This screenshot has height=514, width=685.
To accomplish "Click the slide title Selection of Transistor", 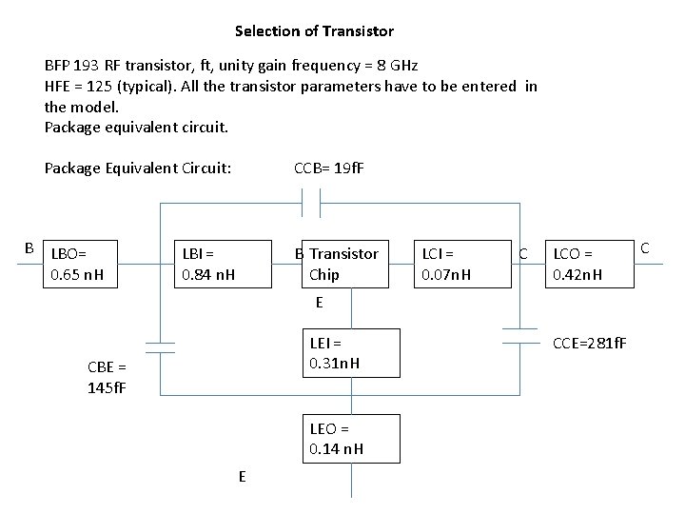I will pos(314,31).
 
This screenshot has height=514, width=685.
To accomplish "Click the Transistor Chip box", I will pos(341,264).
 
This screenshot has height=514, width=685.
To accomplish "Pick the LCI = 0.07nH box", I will pos(454,264).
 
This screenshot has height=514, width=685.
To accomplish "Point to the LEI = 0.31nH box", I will pos(351,353).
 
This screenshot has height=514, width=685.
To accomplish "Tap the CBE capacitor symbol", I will pos(160,346).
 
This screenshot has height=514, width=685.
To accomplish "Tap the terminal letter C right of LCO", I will pos(644,248).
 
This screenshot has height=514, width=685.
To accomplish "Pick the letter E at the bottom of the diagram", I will pos(242,477).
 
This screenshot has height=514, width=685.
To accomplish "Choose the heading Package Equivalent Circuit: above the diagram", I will pos(138,169).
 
